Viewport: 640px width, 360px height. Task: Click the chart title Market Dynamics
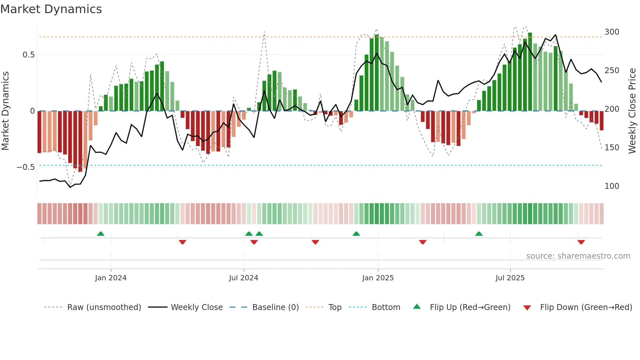pos(51,9)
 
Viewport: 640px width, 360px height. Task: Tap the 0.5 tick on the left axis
pos(28,55)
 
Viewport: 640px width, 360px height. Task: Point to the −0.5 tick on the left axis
pos(26,167)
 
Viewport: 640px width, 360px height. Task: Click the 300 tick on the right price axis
pos(612,32)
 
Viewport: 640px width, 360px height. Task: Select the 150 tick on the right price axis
pos(612,148)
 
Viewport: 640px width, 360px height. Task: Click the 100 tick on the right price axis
pos(612,186)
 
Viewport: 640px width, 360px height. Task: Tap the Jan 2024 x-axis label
pos(111,278)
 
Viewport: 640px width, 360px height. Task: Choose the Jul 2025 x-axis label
pos(510,278)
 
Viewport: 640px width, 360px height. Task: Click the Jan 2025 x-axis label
pos(378,278)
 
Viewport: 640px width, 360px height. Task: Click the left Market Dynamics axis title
pos(5,111)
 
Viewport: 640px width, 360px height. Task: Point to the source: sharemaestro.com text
pos(578,256)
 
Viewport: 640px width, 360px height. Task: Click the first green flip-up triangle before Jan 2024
pos(101,234)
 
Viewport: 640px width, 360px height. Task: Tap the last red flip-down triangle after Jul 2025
pos(581,242)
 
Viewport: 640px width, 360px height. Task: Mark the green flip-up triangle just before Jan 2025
pos(356,234)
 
